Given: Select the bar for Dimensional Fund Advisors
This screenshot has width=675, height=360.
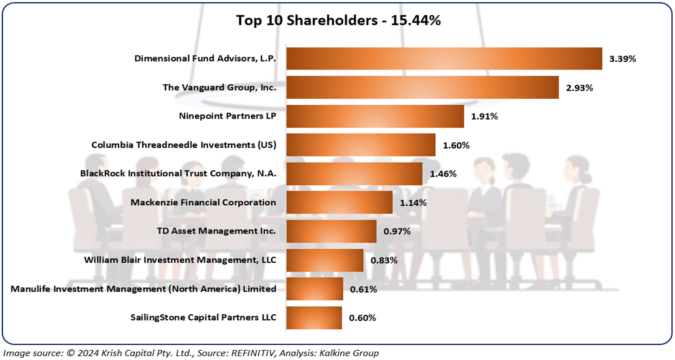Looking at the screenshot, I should [x=444, y=59].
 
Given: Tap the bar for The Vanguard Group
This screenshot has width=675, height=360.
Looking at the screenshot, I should [x=422, y=88].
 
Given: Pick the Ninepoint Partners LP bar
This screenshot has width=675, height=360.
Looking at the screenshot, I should [x=375, y=116].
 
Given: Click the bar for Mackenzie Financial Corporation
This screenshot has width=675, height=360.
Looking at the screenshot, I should [x=339, y=202].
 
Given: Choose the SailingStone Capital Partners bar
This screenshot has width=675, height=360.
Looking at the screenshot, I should [x=314, y=318].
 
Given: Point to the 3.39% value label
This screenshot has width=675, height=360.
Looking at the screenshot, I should [x=623, y=59].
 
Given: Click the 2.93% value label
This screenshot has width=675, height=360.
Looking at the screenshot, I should [x=579, y=88].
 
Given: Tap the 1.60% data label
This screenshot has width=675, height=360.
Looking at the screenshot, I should [x=456, y=145].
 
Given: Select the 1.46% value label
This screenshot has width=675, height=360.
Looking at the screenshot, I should [x=443, y=174].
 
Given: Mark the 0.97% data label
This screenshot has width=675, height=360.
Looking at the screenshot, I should [x=397, y=232].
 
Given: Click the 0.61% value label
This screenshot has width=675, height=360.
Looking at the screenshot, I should [x=363, y=290].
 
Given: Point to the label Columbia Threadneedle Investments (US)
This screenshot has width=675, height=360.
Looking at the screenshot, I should [x=184, y=145].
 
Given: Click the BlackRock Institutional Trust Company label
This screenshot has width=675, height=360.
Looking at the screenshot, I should [x=178, y=174].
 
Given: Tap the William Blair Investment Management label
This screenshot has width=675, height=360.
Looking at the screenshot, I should [x=180, y=260].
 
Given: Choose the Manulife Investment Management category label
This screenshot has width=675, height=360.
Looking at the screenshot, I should [x=143, y=289].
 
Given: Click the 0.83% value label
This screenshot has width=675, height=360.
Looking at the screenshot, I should [x=384, y=260].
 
